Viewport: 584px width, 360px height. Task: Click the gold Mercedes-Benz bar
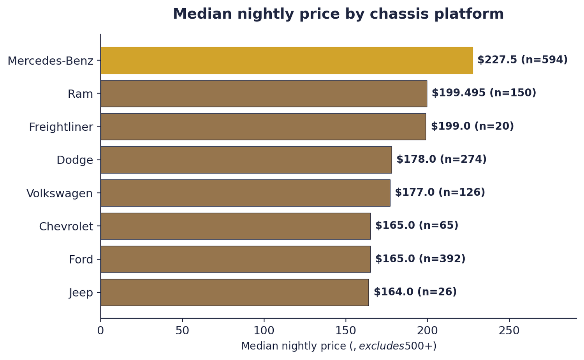pyautogui.click(x=287, y=60)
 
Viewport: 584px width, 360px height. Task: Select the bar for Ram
pyautogui.click(x=264, y=93)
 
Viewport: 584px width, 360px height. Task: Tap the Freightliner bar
pyautogui.click(x=263, y=126)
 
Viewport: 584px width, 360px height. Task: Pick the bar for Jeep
pyautogui.click(x=234, y=292)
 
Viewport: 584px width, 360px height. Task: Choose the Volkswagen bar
pyautogui.click(x=245, y=193)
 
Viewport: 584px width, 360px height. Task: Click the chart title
pyautogui.click(x=338, y=14)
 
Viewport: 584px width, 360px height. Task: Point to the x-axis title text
pyautogui.click(x=338, y=346)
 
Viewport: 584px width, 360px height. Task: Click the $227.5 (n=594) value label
pyautogui.click(x=522, y=60)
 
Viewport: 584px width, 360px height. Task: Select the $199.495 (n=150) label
pyautogui.click(x=484, y=93)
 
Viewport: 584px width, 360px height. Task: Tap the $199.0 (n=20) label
pyautogui.click(x=472, y=126)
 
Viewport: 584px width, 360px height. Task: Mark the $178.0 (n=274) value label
pyautogui.click(x=442, y=160)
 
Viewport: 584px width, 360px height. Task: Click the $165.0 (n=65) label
pyautogui.click(x=417, y=226)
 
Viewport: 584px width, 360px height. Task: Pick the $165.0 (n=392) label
pyautogui.click(x=420, y=259)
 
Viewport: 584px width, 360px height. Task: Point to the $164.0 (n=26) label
pyautogui.click(x=415, y=292)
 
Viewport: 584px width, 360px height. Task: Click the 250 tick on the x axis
pyautogui.click(x=509, y=331)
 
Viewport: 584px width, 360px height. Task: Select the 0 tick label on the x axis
pyautogui.click(x=100, y=331)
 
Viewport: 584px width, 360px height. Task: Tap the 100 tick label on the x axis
pyautogui.click(x=264, y=331)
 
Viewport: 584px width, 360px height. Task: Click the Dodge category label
pyautogui.click(x=75, y=160)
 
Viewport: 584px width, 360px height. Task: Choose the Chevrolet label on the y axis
pyautogui.click(x=66, y=227)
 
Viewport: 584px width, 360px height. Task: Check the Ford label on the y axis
pyautogui.click(x=81, y=260)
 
